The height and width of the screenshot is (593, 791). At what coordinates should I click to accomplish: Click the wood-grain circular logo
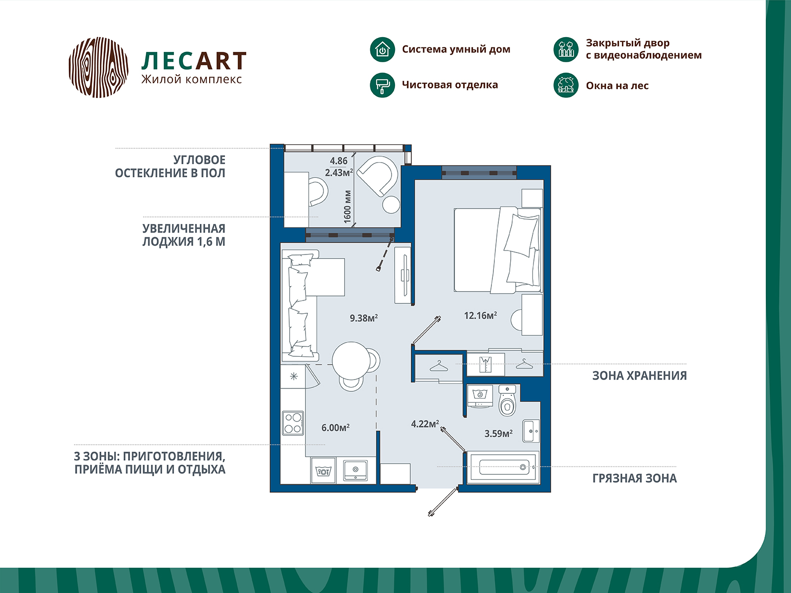coord(98,67)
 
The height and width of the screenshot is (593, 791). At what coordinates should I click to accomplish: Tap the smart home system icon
coord(382,50)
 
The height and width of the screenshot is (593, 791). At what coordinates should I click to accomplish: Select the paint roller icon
coord(382,85)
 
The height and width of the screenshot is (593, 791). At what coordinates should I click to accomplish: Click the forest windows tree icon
coord(566,85)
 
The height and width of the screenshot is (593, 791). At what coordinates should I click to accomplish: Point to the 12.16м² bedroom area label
coord(481,316)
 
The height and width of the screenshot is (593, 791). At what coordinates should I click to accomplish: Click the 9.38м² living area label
coord(363,318)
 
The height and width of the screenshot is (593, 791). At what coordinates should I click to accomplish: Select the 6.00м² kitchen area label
coord(336,428)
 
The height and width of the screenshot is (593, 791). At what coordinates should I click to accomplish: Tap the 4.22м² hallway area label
coord(425,424)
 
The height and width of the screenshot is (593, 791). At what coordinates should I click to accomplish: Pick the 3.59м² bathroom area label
coord(498,433)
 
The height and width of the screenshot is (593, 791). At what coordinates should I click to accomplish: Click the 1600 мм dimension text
coord(348,207)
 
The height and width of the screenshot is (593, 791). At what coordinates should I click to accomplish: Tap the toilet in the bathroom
coord(507,400)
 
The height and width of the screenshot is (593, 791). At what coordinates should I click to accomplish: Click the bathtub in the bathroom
coord(503,467)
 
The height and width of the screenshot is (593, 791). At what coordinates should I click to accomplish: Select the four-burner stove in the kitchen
coord(293,424)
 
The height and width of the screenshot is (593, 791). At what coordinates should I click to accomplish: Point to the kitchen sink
coord(355,469)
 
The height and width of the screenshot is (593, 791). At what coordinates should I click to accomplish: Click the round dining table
coord(352,360)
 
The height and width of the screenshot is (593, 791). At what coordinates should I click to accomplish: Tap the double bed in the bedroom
coord(498,250)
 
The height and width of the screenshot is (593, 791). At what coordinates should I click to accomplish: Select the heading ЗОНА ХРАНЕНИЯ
coord(640,376)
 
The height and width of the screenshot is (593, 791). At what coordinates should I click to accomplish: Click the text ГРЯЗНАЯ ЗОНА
coord(635,478)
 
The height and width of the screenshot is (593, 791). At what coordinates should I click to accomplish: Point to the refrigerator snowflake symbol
coord(294,377)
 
